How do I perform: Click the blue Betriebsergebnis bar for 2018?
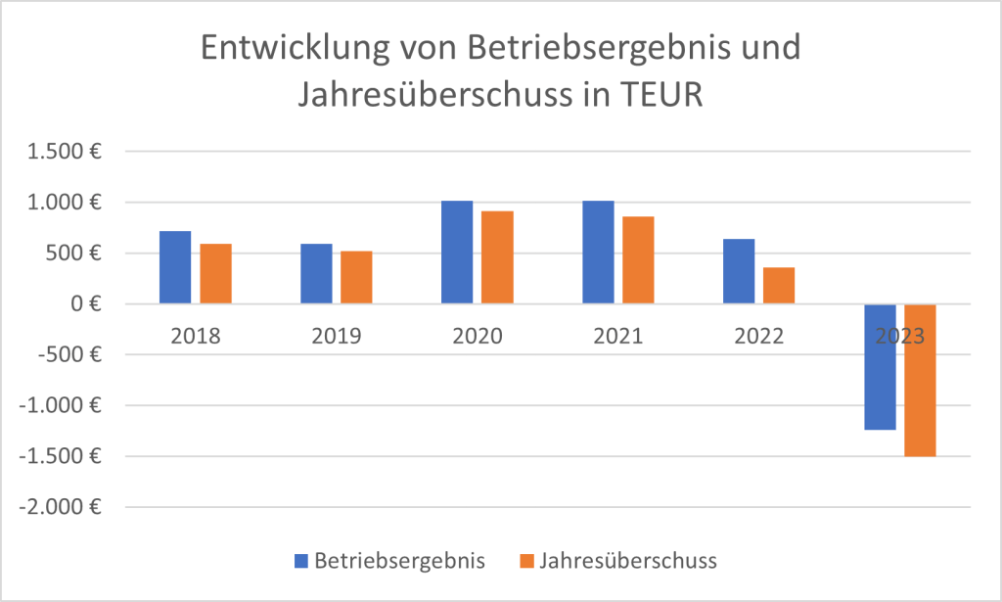tap(175, 267)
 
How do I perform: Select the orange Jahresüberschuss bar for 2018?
tap(216, 274)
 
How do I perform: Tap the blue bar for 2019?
tap(316, 274)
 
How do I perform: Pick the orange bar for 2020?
tap(497, 257)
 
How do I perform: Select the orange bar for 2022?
tap(779, 286)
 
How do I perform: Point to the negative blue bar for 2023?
tap(880, 367)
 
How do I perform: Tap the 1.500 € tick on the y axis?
tap(66, 152)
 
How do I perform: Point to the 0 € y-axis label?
tap(85, 304)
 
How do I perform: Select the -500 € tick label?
tap(71, 355)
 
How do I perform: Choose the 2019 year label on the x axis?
tap(337, 337)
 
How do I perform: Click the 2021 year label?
tap(618, 337)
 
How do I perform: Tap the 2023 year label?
tap(900, 337)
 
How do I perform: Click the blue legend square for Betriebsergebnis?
tap(300, 561)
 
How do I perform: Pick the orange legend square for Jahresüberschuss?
tap(526, 561)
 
